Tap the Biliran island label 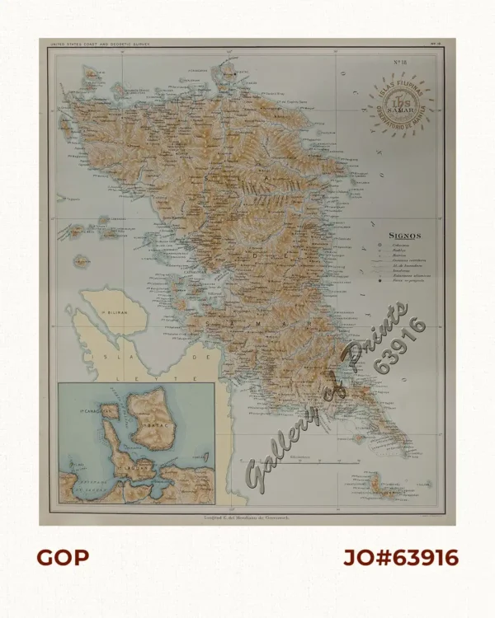(x=106, y=313)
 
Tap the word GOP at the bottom (x=63, y=558)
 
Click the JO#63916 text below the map (x=400, y=558)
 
